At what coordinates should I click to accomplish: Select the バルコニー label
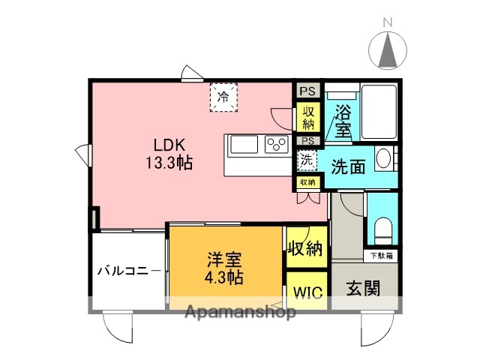click(127, 271)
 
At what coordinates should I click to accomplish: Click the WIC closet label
click(307, 292)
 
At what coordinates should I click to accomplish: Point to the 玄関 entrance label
click(362, 289)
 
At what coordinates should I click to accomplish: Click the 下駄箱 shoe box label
click(383, 256)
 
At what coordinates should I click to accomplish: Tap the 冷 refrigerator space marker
click(223, 97)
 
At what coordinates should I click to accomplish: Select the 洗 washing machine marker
click(306, 159)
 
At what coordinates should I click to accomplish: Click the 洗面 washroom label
click(349, 166)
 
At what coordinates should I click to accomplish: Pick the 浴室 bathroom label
click(343, 120)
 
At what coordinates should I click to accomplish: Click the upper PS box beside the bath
click(307, 91)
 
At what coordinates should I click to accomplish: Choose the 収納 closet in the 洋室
click(306, 247)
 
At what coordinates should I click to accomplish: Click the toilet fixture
click(382, 230)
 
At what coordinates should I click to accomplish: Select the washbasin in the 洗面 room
click(383, 159)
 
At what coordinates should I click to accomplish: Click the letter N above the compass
click(388, 23)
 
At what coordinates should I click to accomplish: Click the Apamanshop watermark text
click(239, 313)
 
